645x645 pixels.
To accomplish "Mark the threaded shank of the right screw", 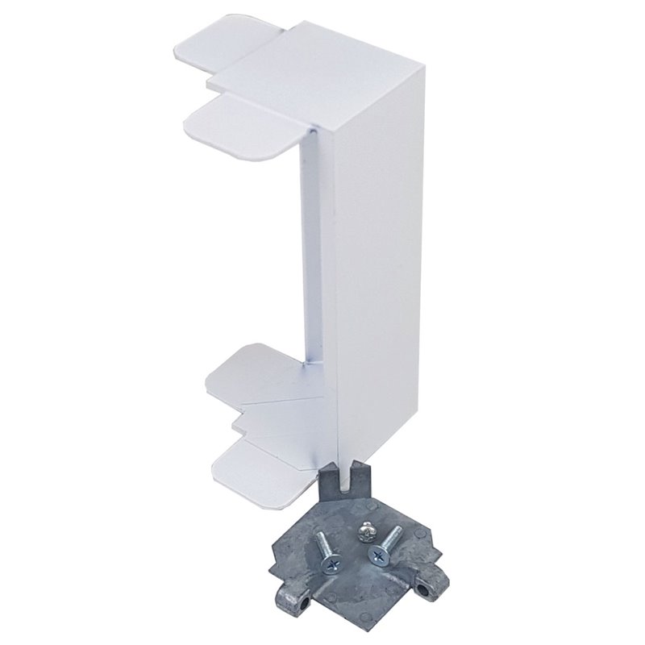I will point(392,537).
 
